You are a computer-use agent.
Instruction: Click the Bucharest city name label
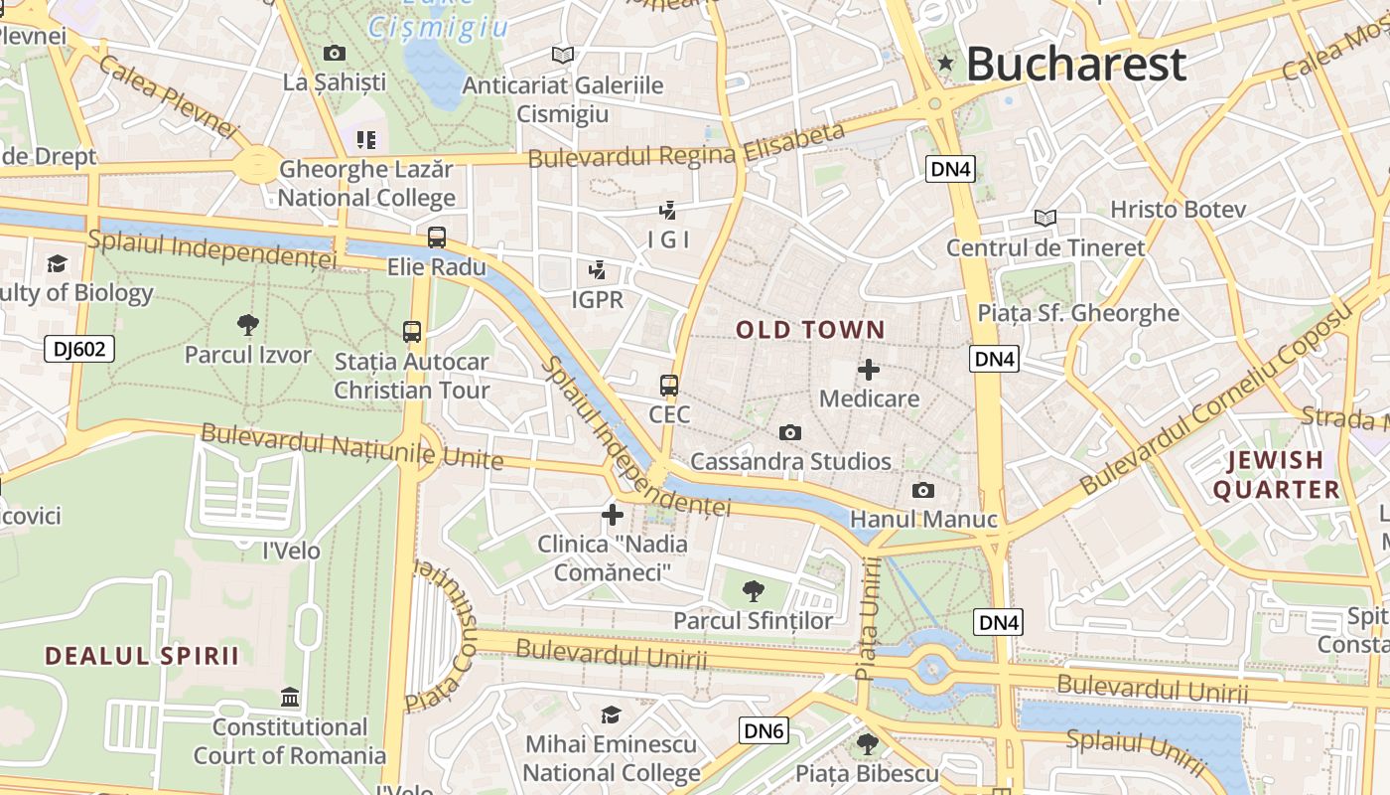(1075, 65)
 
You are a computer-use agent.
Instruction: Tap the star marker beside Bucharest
(945, 64)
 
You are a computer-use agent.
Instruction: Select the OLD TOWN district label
(810, 330)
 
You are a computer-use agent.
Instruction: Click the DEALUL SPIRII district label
(142, 656)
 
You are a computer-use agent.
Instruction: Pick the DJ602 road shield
(79, 349)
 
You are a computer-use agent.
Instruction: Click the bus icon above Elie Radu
(436, 238)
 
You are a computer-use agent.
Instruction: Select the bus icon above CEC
(669, 386)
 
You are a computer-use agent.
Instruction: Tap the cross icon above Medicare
(869, 370)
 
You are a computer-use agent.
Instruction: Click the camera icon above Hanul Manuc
(922, 491)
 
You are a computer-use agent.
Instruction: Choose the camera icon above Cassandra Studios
(790, 432)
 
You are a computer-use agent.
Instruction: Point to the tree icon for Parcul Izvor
(248, 324)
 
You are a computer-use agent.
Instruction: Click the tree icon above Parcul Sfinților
(754, 591)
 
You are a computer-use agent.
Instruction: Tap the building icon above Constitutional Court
(290, 697)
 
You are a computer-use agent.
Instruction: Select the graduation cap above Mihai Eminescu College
(611, 715)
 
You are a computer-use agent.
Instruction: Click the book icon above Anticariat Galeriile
(563, 55)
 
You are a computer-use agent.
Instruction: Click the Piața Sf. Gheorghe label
(1078, 313)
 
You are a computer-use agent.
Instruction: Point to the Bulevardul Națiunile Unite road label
(351, 446)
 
